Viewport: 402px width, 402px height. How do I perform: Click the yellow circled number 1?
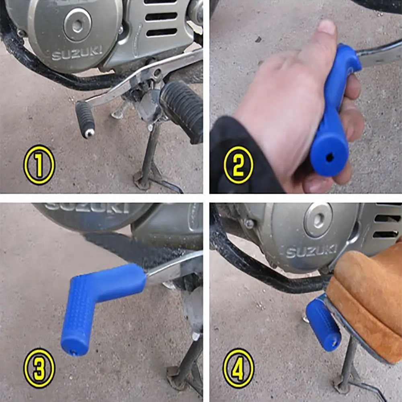39,165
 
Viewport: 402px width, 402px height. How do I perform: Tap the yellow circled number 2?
238,165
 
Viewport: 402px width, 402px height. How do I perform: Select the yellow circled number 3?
39,368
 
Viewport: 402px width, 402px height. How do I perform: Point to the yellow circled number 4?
238,368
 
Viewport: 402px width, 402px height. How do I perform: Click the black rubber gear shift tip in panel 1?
85,119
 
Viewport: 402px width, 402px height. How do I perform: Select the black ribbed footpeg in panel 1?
182,110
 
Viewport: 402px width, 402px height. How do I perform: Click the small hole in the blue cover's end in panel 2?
329,158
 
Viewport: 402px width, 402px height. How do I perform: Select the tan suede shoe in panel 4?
367,303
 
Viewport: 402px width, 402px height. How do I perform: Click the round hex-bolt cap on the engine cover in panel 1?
77,25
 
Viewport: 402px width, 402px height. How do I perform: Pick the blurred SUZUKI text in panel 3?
87,208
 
